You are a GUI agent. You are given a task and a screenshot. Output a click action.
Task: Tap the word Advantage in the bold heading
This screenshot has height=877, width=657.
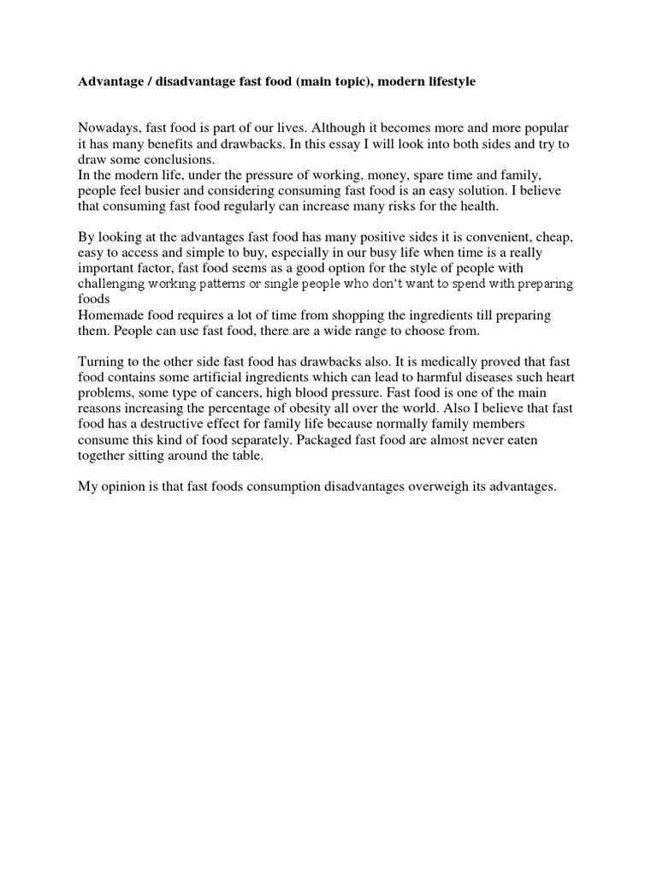click(109, 81)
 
